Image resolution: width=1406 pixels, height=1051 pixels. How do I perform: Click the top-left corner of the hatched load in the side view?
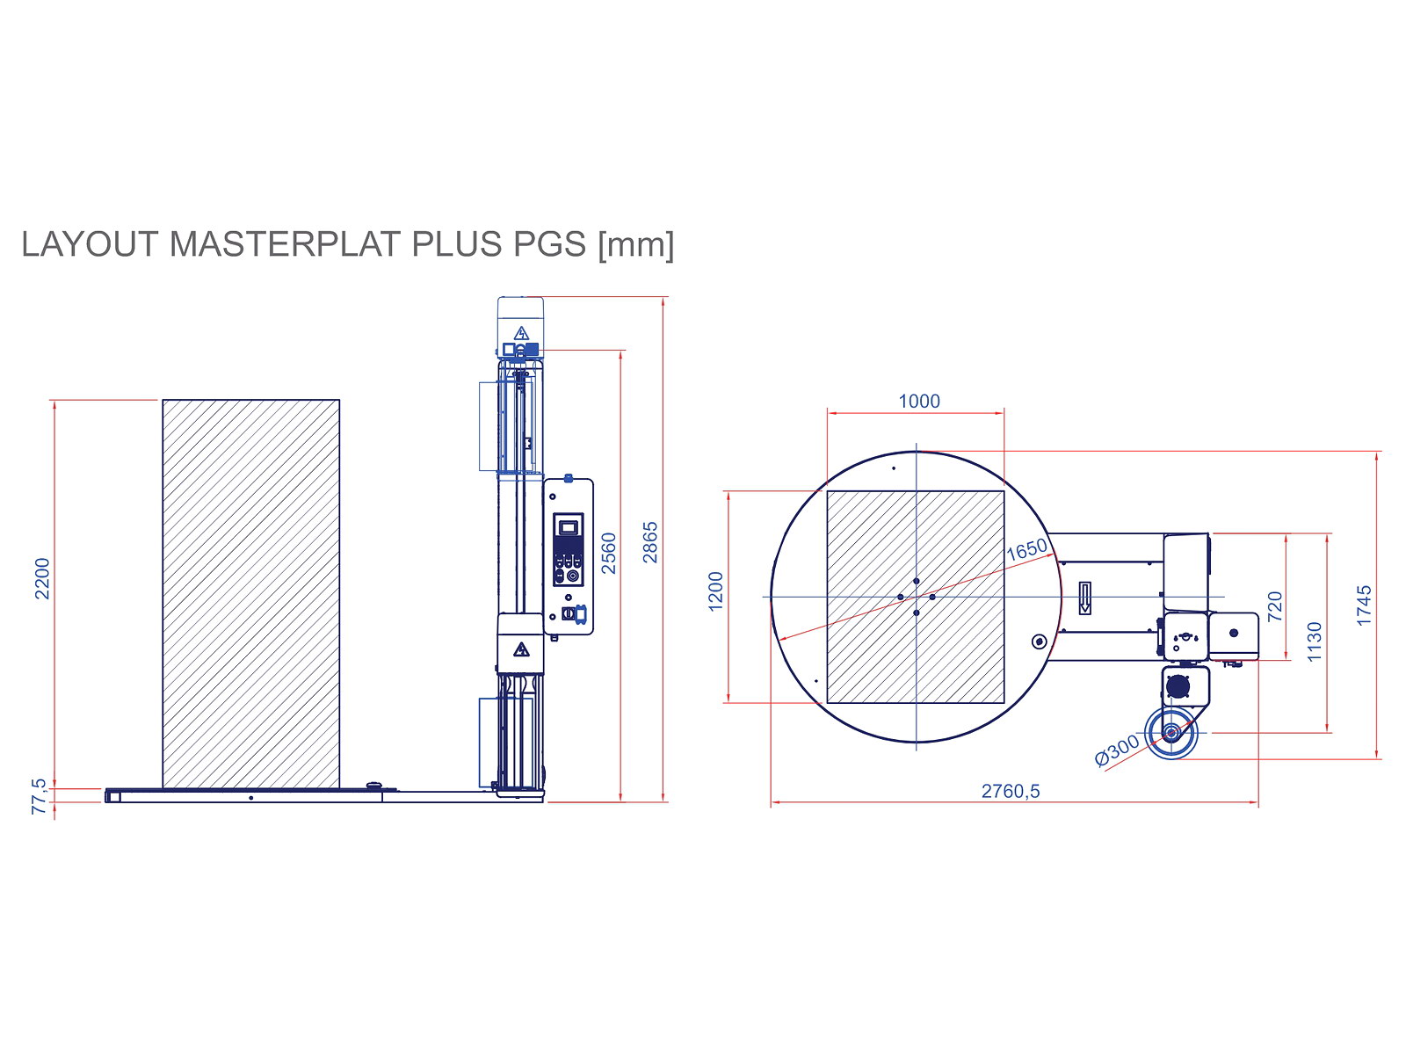click(163, 400)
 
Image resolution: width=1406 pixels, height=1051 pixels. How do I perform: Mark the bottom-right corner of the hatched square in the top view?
click(1004, 703)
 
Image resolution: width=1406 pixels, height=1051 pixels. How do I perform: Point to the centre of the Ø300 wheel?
click(1170, 732)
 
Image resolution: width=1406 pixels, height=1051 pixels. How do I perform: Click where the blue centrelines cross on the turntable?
click(916, 597)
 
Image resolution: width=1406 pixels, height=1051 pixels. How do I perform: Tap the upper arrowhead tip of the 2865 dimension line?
click(663, 297)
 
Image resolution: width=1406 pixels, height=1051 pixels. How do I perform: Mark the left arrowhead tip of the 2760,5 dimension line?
click(771, 801)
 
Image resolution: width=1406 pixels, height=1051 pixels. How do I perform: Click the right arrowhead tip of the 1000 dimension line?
click(1004, 413)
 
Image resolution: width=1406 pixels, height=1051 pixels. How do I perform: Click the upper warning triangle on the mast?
click(521, 333)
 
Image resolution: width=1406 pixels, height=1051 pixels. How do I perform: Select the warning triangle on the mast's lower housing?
click(521, 649)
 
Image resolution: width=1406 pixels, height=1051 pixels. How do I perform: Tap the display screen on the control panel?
click(568, 527)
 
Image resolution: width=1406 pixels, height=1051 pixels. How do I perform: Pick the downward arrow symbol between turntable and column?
click(1083, 598)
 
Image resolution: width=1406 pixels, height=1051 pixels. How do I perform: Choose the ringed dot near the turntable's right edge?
click(1039, 641)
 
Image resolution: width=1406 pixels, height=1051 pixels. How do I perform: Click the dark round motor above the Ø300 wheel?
click(1177, 686)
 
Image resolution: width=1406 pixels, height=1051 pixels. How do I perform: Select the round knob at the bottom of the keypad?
click(572, 575)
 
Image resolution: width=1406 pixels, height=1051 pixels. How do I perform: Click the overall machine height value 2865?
click(649, 542)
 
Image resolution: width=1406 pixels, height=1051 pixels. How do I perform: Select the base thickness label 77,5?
click(39, 796)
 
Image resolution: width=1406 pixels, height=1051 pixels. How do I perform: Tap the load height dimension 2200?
click(41, 578)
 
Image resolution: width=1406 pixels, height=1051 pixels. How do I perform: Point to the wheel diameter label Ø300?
click(1116, 750)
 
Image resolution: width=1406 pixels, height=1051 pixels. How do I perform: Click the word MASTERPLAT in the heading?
click(286, 244)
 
